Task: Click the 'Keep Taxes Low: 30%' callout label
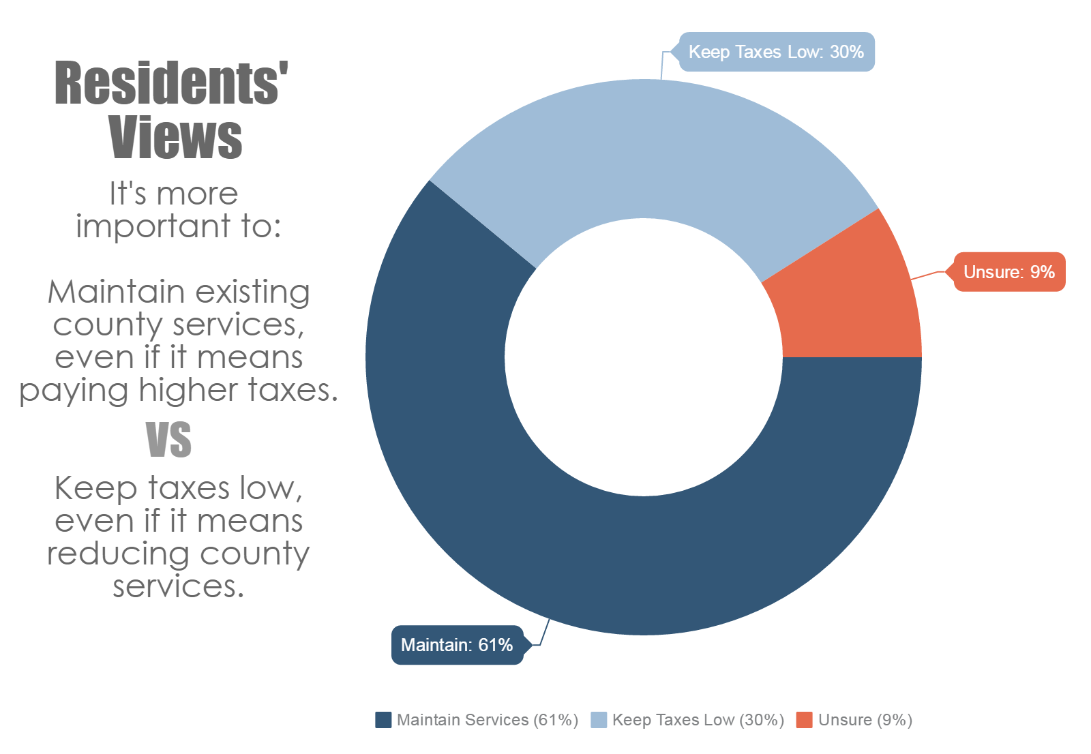(776, 52)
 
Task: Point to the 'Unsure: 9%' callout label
(1008, 272)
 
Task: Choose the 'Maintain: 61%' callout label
(457, 645)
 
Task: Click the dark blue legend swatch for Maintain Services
(383, 720)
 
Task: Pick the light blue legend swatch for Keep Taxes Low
(598, 720)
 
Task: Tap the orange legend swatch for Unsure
(804, 720)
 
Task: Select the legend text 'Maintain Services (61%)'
(487, 720)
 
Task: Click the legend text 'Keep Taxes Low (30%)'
(698, 720)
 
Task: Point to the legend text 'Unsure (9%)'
(865, 720)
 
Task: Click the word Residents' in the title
(171, 83)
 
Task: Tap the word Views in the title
(175, 138)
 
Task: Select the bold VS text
(168, 440)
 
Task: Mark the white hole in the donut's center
(643, 357)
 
